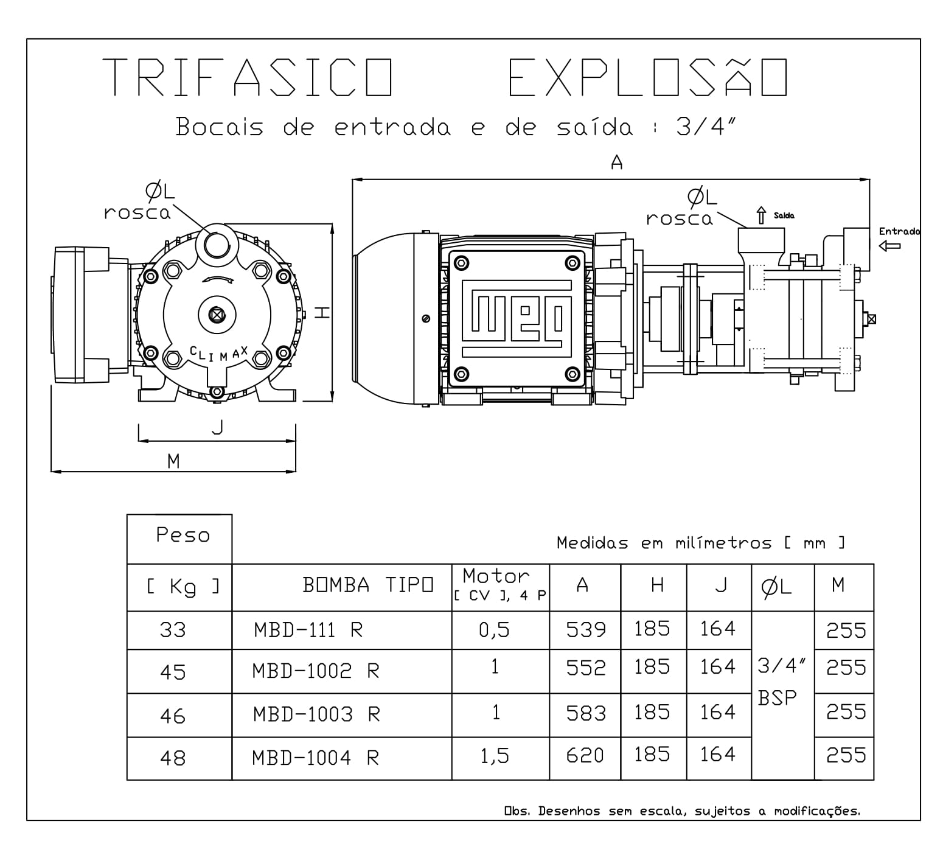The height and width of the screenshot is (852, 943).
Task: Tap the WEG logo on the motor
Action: (x=516, y=318)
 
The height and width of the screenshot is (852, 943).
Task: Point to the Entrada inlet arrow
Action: (x=889, y=246)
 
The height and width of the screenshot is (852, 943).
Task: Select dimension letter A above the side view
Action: (x=616, y=163)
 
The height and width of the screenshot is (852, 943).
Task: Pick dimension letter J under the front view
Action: (x=217, y=427)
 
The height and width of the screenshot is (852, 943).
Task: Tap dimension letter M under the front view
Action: (x=174, y=461)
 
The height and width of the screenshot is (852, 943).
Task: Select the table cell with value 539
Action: (x=585, y=630)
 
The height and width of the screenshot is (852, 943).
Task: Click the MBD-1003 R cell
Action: (x=316, y=714)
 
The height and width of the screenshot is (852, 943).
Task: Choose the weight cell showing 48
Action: (x=173, y=758)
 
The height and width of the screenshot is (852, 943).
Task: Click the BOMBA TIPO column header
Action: (x=368, y=585)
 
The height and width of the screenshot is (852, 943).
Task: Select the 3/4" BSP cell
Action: (x=782, y=682)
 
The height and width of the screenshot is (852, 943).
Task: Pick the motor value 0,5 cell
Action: (x=494, y=630)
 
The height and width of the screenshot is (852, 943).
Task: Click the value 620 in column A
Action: (x=585, y=756)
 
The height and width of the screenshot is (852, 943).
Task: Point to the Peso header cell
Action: (x=182, y=536)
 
